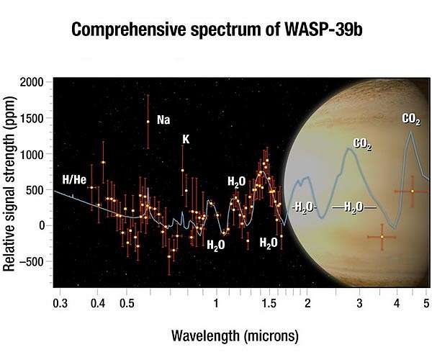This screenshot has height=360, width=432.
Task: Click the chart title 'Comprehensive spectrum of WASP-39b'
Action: pyautogui.click(x=216, y=31)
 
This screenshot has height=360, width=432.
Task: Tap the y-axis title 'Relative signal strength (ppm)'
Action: pyautogui.click(x=9, y=185)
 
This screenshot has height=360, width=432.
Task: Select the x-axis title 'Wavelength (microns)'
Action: pyautogui.click(x=235, y=336)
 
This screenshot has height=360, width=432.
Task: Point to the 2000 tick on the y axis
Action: pyautogui.click(x=32, y=83)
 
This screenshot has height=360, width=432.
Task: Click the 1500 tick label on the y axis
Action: pyautogui.click(x=32, y=118)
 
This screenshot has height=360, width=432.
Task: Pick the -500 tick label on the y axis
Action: pyautogui.click(x=32, y=261)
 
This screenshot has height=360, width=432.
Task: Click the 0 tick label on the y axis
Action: pyautogui.click(x=41, y=225)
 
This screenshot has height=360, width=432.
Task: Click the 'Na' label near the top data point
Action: pyautogui.click(x=163, y=120)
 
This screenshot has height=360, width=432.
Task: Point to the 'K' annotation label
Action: pyautogui.click(x=185, y=139)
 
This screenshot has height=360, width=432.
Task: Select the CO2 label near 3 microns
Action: pyautogui.click(x=362, y=145)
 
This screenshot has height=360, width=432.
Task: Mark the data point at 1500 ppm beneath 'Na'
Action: pyautogui.click(x=148, y=122)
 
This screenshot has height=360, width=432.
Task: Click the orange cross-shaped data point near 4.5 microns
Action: pyautogui.click(x=412, y=191)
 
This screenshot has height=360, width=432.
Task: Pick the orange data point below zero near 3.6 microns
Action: pyautogui.click(x=382, y=237)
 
